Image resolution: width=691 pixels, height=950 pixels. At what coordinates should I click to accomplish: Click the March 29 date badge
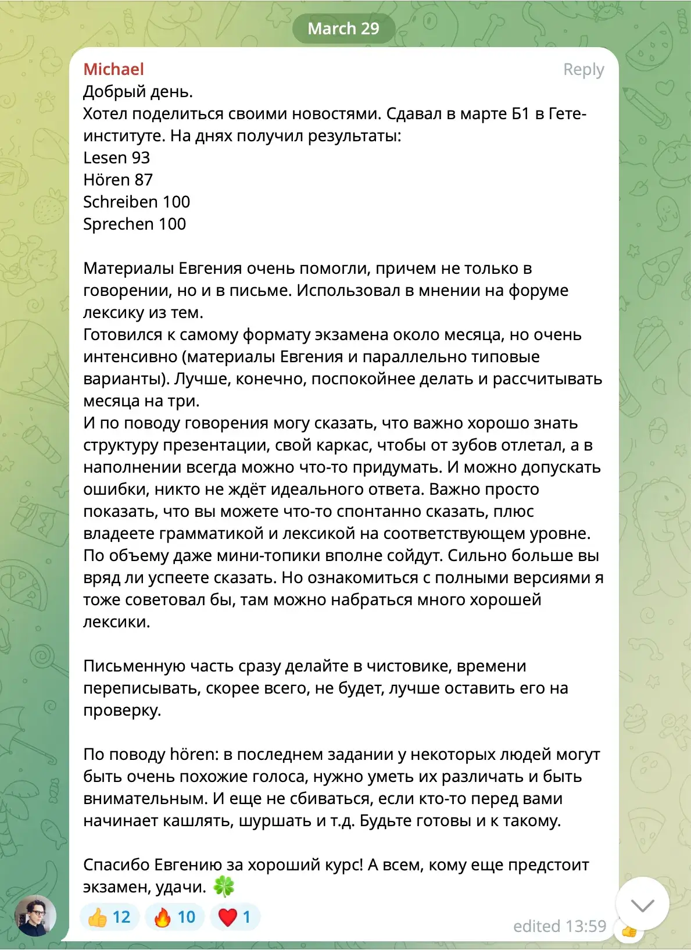click(x=343, y=28)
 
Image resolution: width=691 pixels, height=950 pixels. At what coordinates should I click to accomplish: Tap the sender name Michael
click(x=113, y=69)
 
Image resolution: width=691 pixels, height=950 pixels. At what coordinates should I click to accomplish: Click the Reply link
click(x=583, y=70)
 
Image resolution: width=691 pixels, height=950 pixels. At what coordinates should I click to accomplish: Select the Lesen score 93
click(x=141, y=158)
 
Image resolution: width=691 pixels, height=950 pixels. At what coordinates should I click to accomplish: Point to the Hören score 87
click(x=144, y=180)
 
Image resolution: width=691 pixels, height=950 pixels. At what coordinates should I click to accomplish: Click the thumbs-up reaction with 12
click(x=109, y=917)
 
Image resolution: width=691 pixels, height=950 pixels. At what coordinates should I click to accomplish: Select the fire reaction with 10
click(x=174, y=917)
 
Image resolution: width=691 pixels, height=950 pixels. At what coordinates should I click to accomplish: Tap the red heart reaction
click(x=234, y=917)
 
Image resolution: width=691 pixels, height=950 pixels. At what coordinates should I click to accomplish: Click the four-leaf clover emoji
click(x=224, y=887)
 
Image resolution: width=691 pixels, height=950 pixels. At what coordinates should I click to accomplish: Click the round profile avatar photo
click(x=35, y=915)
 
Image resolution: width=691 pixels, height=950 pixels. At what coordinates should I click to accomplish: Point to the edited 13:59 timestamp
click(x=559, y=926)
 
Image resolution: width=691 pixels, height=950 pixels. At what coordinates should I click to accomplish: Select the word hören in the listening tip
click(x=191, y=754)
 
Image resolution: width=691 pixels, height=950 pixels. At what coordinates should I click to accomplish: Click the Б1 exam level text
click(x=520, y=113)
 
